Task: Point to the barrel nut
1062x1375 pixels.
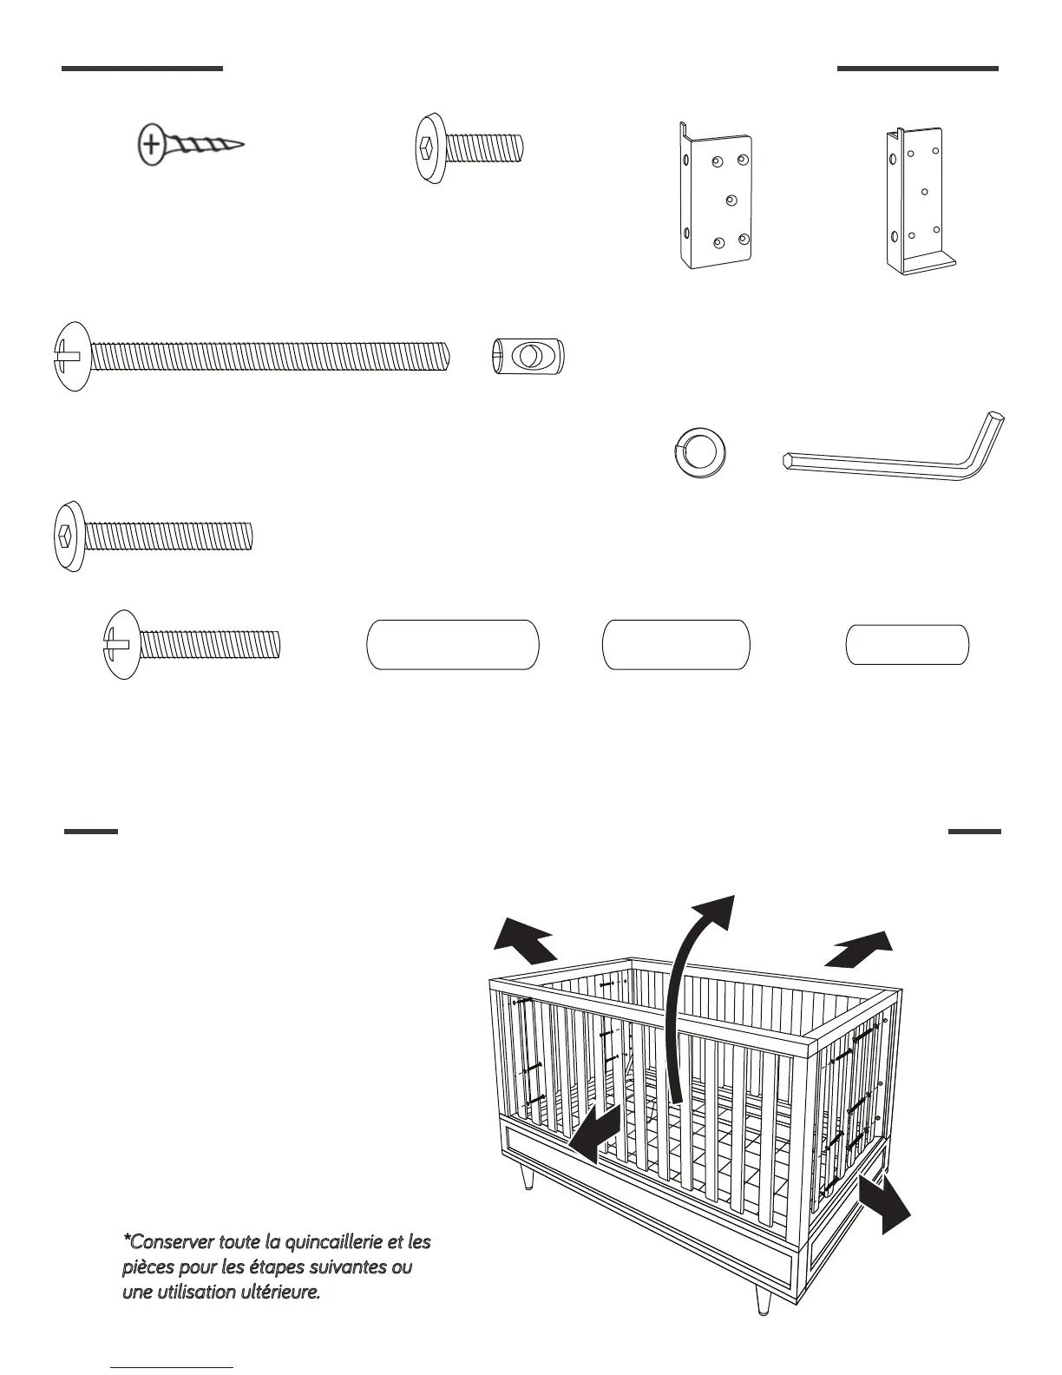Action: pyautogui.click(x=528, y=356)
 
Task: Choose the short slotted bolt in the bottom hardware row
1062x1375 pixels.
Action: pyautogui.click(x=193, y=644)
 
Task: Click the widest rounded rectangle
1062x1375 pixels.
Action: pyautogui.click(x=453, y=644)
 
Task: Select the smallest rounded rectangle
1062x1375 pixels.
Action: pyautogui.click(x=908, y=645)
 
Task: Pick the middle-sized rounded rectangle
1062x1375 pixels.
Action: pyautogui.click(x=676, y=644)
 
